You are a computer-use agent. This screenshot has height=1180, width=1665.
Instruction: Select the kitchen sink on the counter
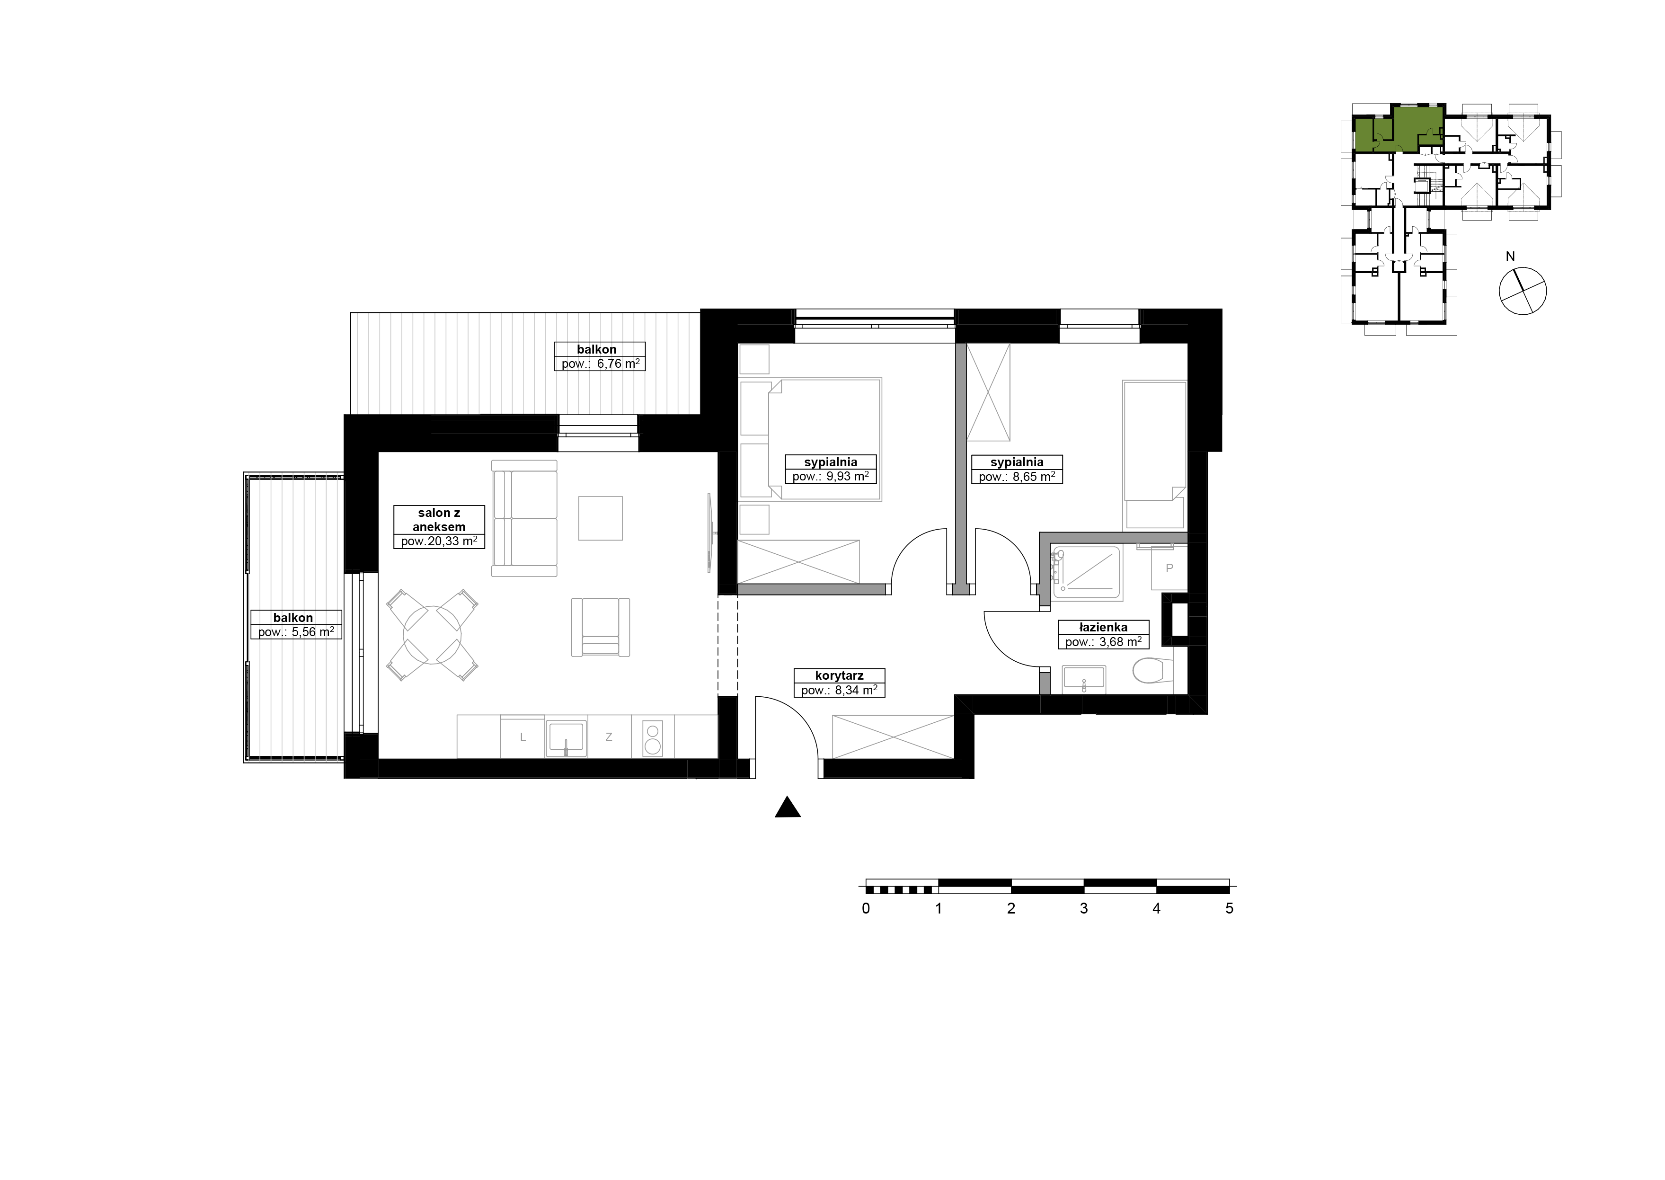click(x=566, y=738)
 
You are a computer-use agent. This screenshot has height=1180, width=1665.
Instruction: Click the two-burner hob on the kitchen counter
click(x=653, y=738)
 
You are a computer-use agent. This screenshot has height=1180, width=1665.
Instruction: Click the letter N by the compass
click(x=1510, y=257)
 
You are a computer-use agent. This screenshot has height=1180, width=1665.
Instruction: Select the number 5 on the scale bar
click(x=1229, y=908)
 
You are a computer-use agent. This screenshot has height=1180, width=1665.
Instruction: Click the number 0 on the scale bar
click(x=866, y=908)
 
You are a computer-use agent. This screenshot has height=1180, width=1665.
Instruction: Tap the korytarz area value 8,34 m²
click(x=856, y=690)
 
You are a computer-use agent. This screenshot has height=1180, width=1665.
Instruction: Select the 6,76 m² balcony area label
click(x=618, y=364)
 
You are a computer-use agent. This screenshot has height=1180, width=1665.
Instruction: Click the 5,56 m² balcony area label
click(x=312, y=632)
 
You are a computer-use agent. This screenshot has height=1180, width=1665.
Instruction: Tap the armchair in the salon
click(x=600, y=627)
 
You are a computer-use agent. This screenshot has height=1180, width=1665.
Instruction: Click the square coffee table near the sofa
click(x=600, y=518)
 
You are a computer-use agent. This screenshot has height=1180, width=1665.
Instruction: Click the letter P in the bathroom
click(x=1169, y=568)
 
